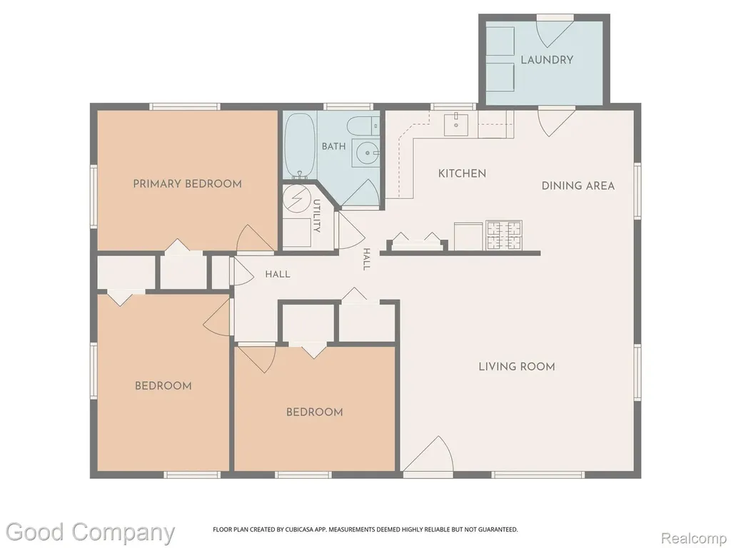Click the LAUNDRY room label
point(547,60)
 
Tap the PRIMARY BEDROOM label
point(188,183)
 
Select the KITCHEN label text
point(462,173)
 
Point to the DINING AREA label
point(578,186)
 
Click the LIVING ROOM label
point(517,366)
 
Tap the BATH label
point(334,146)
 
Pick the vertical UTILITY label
point(316,215)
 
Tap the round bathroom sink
point(368,153)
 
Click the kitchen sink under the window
point(457,124)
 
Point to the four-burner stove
point(504,235)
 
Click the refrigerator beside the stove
point(468,237)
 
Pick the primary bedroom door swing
point(255,238)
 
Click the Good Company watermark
point(91,532)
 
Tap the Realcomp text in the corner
point(694,538)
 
